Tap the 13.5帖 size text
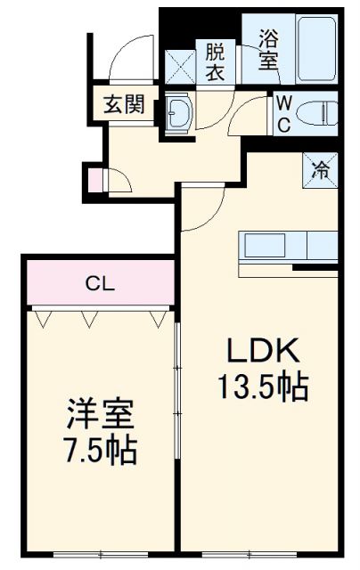click(263, 387)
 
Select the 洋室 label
click(100, 416)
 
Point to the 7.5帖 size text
click(101, 450)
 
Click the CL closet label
click(98, 284)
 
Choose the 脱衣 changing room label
click(216, 62)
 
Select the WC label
click(282, 113)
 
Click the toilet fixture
click(317, 112)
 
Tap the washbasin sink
click(178, 113)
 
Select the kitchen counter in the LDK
click(287, 244)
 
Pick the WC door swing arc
click(250, 115)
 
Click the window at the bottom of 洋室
click(100, 554)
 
